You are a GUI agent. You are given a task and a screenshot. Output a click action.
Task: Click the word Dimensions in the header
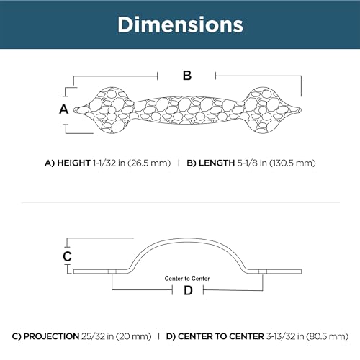click(180, 24)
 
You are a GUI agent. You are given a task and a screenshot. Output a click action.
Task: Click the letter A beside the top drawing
click(64, 109)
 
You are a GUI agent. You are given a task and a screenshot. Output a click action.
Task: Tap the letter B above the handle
click(187, 76)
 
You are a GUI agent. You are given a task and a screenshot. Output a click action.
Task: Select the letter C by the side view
click(67, 256)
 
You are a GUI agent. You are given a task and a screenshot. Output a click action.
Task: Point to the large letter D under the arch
click(188, 290)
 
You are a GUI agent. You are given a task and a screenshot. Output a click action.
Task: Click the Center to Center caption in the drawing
click(187, 279)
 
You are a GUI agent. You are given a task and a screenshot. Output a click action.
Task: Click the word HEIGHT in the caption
click(73, 163)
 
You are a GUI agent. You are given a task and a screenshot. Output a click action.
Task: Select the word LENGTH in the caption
click(217, 163)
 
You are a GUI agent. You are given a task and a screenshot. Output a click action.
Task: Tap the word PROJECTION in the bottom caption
click(52, 336)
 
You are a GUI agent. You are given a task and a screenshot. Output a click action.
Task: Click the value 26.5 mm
click(149, 163)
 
